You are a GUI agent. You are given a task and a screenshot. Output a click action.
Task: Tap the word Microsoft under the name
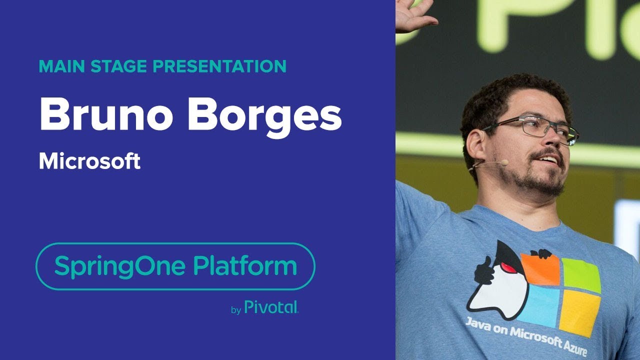89,161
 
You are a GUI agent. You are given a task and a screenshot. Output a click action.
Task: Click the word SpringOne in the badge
120,266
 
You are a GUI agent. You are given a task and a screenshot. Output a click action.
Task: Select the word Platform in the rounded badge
245,266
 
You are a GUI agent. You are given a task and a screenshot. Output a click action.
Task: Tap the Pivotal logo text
271,307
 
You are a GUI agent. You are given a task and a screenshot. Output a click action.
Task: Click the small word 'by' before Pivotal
236,310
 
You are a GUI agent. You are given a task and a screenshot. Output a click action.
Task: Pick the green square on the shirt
580,275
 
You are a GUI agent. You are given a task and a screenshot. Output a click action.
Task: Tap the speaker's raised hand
412,15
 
